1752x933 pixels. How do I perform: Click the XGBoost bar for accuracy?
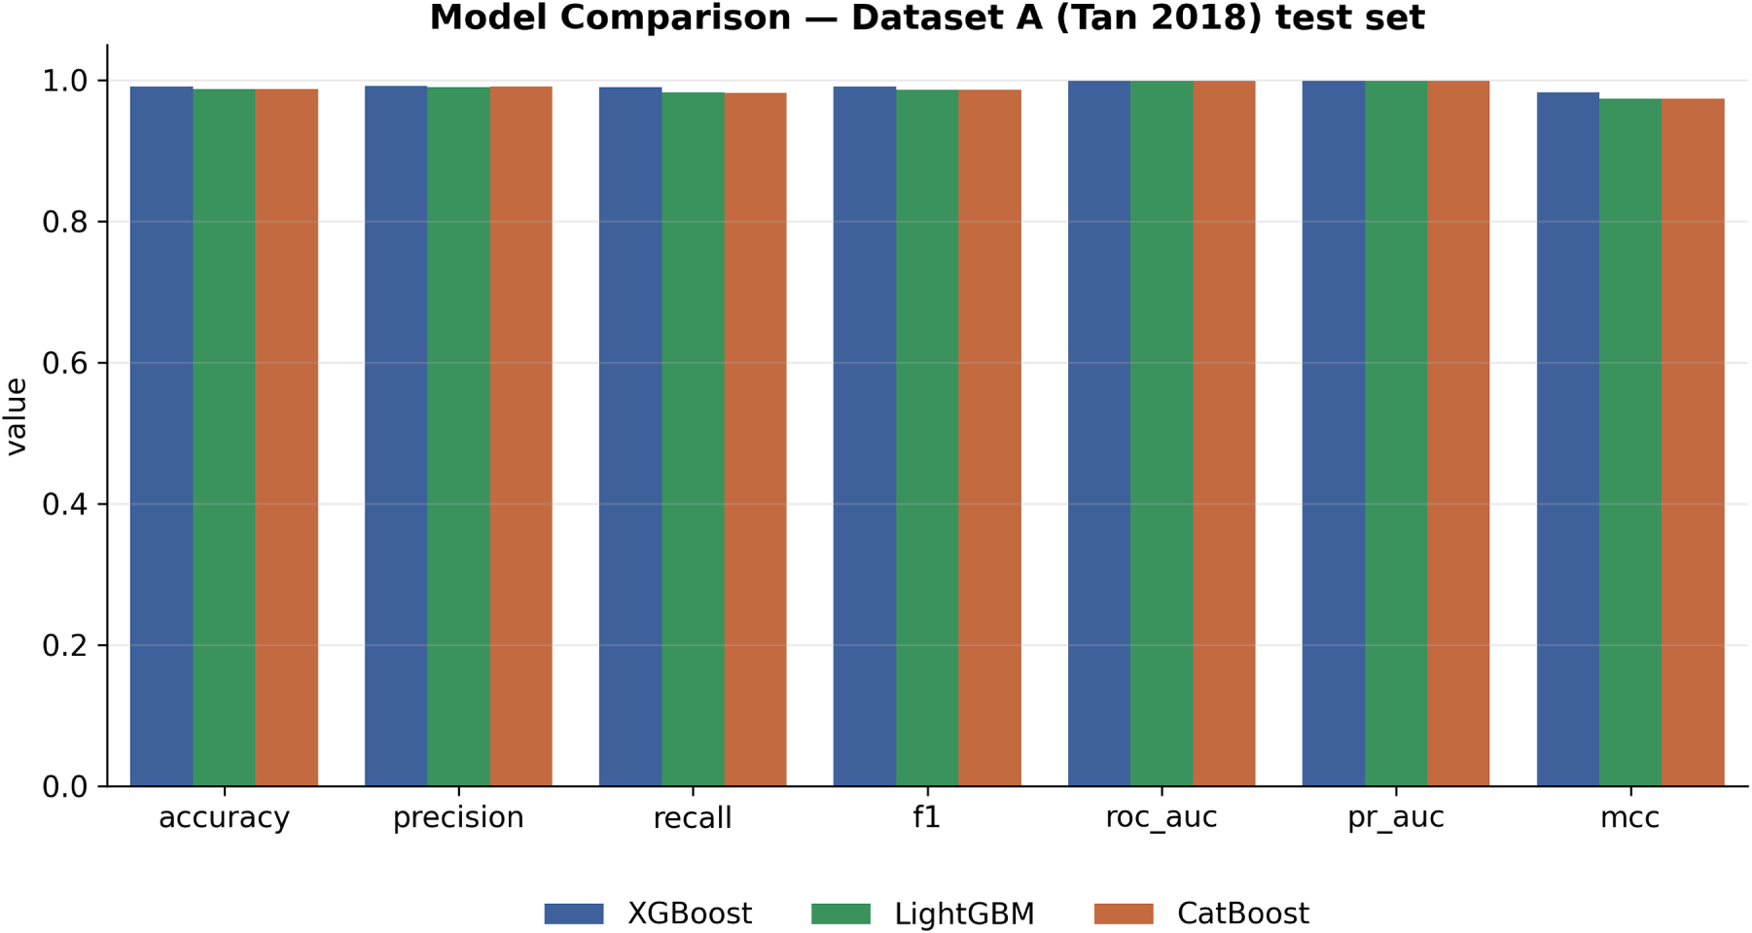click(161, 436)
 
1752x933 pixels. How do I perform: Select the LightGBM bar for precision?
click(458, 437)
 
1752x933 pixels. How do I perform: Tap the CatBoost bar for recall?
click(755, 440)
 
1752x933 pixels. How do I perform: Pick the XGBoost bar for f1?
click(865, 436)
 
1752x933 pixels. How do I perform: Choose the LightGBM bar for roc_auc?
click(1162, 434)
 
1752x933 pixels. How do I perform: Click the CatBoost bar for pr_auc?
click(1458, 434)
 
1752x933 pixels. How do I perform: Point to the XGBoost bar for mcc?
click(1568, 439)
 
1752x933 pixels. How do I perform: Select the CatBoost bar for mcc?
click(1693, 443)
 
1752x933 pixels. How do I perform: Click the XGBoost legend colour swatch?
click(574, 914)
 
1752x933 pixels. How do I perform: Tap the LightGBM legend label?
click(964, 915)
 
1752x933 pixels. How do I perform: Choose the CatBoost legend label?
click(1242, 914)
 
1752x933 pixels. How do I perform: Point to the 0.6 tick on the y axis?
click(102, 363)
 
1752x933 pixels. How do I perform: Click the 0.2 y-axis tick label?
click(65, 646)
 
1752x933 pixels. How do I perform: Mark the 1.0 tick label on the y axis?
click(65, 81)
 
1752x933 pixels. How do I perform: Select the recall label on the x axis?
click(693, 818)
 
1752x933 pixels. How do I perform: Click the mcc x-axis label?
click(1630, 818)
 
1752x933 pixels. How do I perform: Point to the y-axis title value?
click(17, 416)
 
